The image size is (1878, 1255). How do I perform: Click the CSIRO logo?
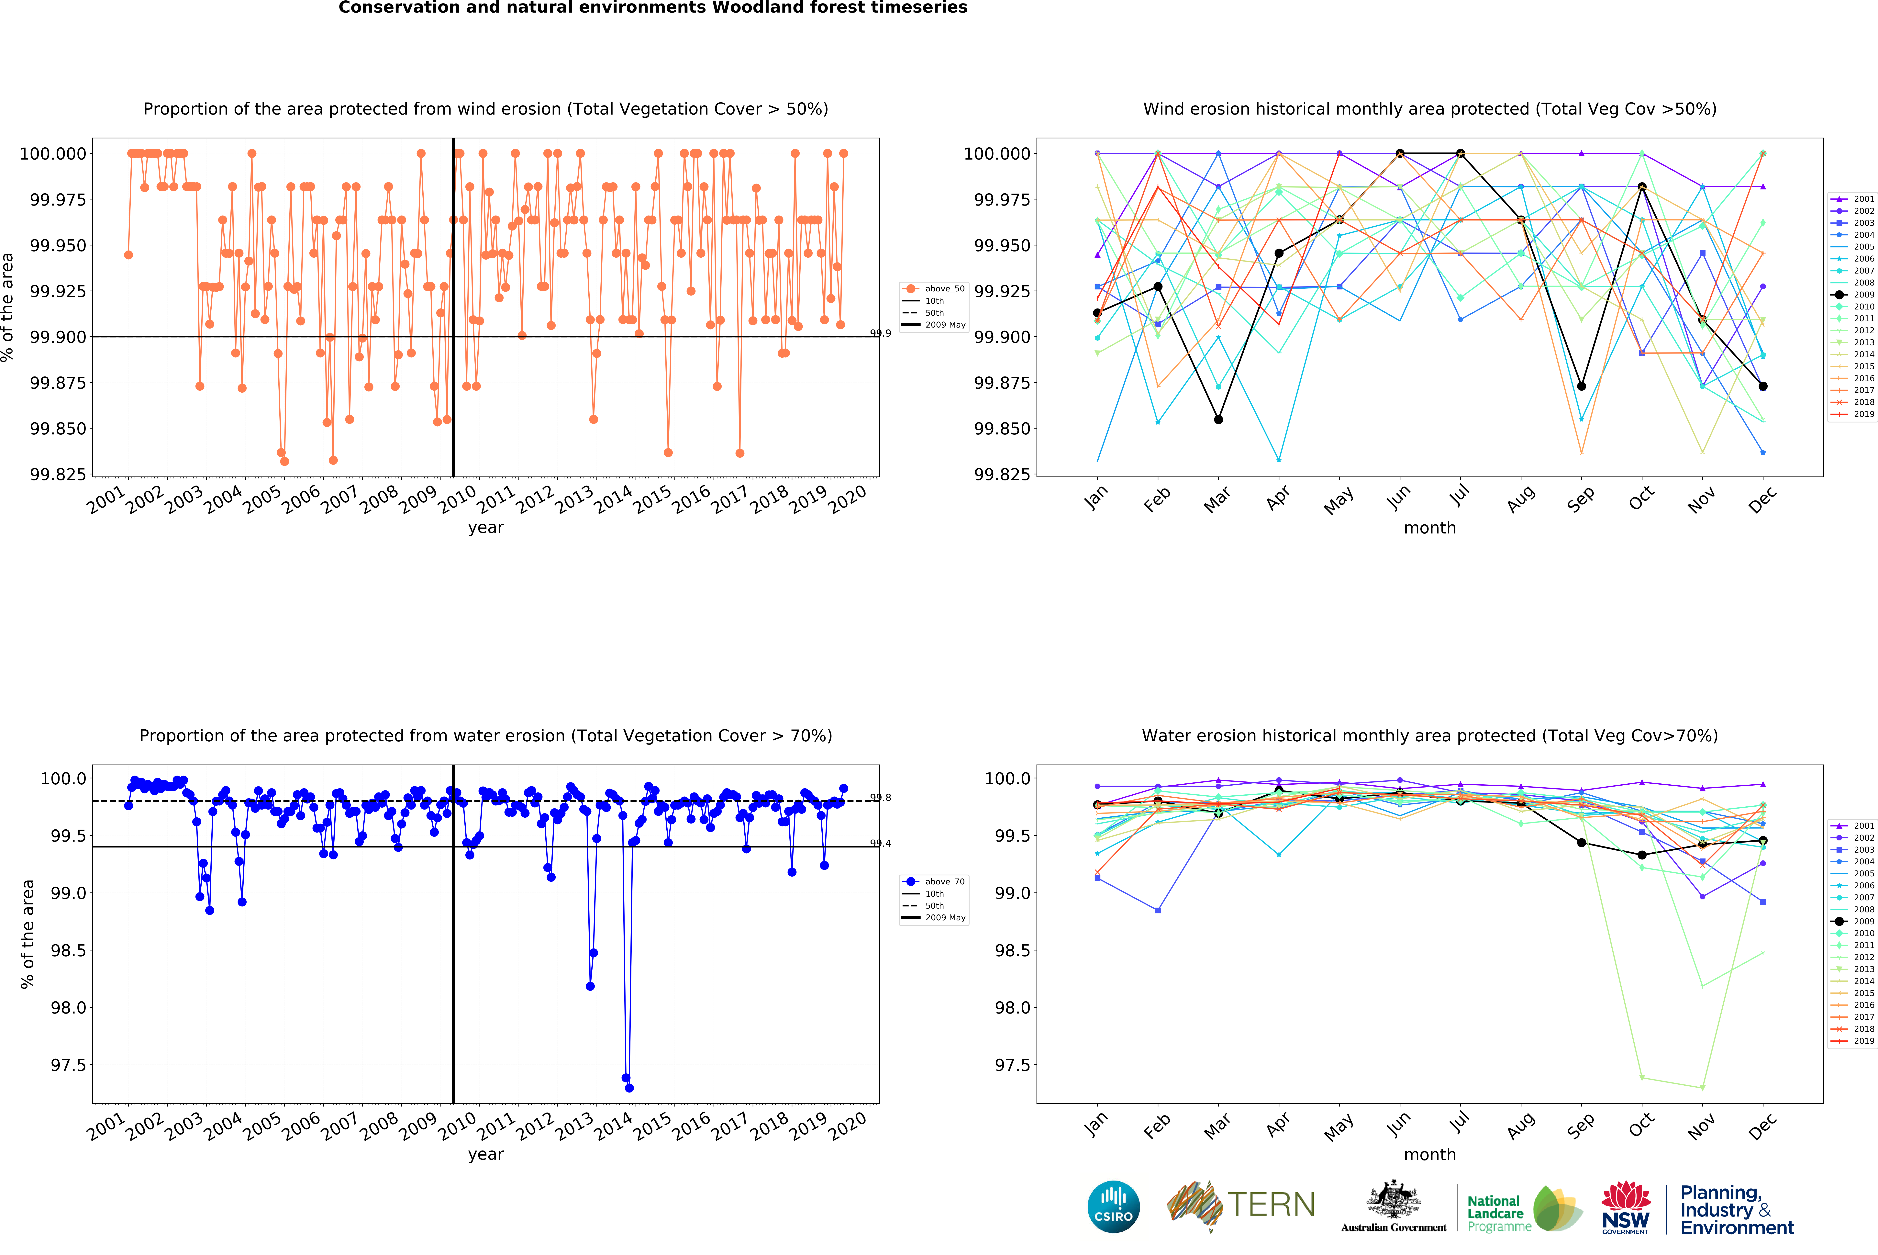(x=1113, y=1206)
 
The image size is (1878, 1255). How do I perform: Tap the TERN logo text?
(x=1271, y=1205)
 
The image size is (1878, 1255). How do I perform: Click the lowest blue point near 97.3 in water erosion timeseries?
(x=629, y=1088)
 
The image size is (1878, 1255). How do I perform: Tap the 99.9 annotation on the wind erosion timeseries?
(x=880, y=333)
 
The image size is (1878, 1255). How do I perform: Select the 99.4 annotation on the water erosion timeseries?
(x=880, y=843)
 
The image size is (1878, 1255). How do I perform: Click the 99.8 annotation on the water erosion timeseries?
(x=880, y=797)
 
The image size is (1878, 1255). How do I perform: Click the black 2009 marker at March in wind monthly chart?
(x=1218, y=419)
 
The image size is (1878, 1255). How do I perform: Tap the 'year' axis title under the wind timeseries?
(x=486, y=527)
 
